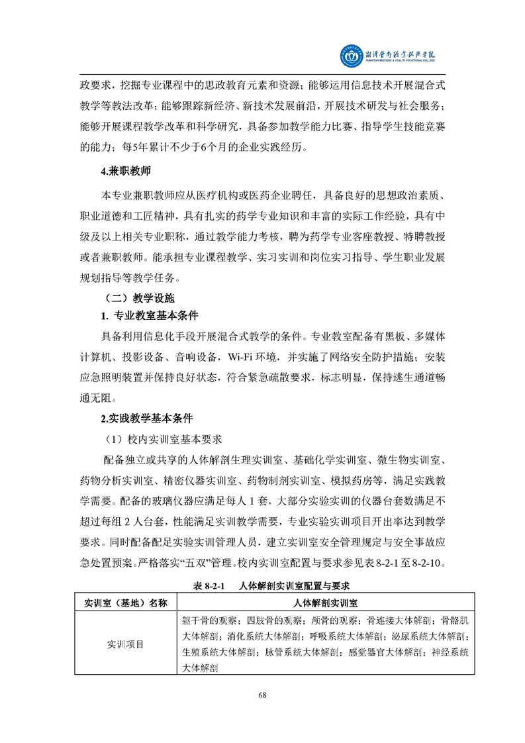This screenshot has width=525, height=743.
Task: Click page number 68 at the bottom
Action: pos(262,694)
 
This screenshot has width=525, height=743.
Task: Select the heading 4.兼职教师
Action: pos(126,172)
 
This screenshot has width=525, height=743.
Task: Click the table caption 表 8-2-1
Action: pos(210,586)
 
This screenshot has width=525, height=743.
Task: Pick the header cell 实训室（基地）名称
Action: pos(126,603)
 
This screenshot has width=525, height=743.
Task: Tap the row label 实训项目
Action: pos(126,644)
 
